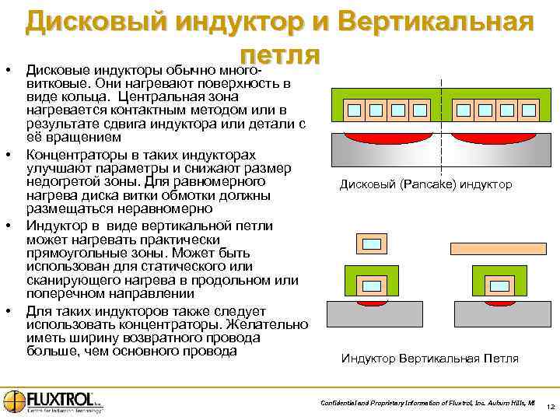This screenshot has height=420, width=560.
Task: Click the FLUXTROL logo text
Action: [x=60, y=399]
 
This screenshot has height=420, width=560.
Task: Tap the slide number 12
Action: [x=550, y=408]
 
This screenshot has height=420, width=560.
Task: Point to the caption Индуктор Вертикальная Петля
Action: [x=429, y=359]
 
